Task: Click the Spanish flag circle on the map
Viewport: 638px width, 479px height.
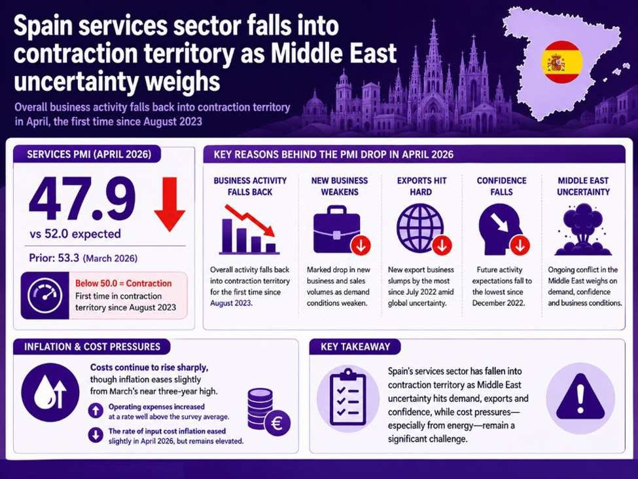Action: (561, 62)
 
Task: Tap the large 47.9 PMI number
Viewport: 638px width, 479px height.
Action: (82, 199)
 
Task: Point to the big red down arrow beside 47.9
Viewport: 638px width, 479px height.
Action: (169, 204)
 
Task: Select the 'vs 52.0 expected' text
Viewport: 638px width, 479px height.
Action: (75, 234)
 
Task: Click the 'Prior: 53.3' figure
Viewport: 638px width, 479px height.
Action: (54, 258)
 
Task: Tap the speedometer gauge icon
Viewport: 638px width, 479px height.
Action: (44, 296)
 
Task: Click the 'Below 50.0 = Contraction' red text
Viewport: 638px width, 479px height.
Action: (123, 283)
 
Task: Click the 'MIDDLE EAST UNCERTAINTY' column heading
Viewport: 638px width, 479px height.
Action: (583, 186)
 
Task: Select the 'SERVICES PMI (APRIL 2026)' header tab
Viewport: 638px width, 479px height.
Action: (89, 155)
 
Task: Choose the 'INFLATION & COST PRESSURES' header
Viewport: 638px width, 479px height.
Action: (92, 347)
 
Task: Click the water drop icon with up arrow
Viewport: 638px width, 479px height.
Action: (50, 393)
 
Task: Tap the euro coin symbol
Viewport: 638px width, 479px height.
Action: (277, 423)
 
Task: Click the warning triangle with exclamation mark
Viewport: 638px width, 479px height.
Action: (580, 397)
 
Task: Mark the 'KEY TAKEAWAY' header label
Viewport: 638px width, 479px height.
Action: (355, 347)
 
